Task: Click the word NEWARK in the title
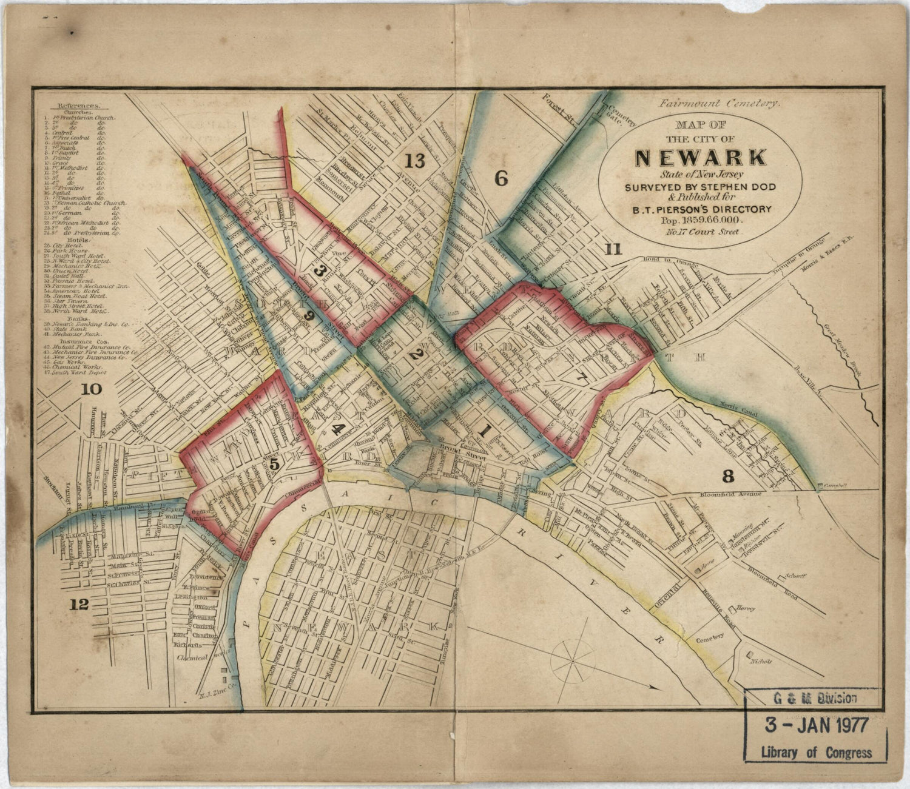click(x=700, y=158)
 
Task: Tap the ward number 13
click(x=415, y=161)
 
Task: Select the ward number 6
click(x=501, y=178)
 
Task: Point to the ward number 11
click(x=613, y=249)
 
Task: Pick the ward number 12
click(x=79, y=604)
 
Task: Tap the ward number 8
click(x=729, y=474)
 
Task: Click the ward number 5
click(x=274, y=464)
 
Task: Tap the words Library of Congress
click(x=816, y=753)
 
